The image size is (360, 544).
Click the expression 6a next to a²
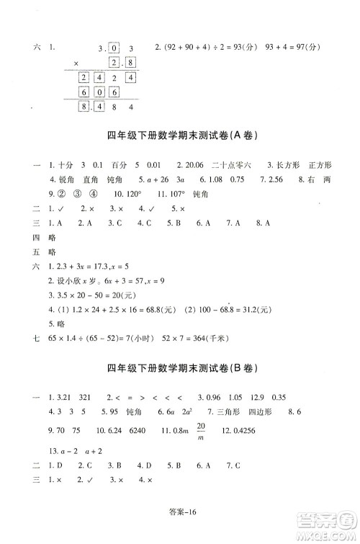(x=162, y=413)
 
